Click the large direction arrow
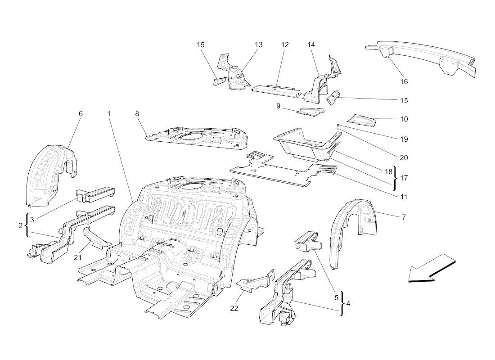coord(431,269)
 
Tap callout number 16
coord(404,81)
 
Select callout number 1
coord(109,114)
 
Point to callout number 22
coord(234,308)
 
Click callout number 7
coord(404,217)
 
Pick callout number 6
coord(81,114)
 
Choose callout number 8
coord(137,114)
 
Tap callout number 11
coord(404,197)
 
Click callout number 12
coord(285,45)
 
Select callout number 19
coord(404,139)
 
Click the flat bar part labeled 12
coord(275,90)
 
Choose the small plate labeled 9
coord(310,110)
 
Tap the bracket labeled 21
coord(97,238)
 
